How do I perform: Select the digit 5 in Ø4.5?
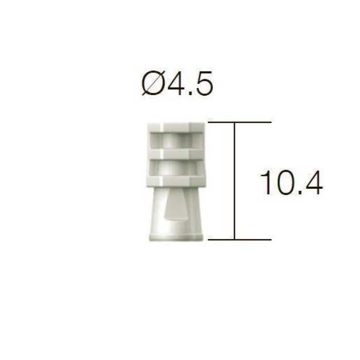pos(204,83)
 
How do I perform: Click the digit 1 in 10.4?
pos(266,183)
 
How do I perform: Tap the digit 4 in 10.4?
pos(313,183)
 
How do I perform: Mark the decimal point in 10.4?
pos(297,193)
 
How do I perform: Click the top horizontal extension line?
pos(240,122)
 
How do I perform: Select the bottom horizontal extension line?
pos(240,240)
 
